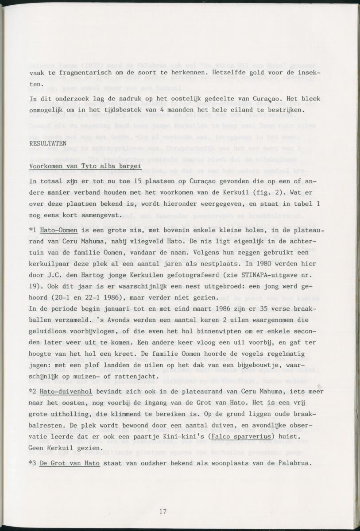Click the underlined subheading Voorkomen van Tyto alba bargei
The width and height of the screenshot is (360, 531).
(85, 166)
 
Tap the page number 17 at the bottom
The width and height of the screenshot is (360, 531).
(163, 512)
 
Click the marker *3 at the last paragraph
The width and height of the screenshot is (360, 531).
(32, 463)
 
